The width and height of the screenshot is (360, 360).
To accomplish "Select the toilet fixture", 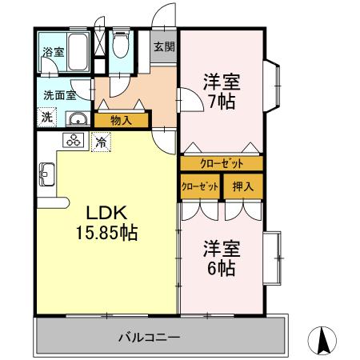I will (x=121, y=47).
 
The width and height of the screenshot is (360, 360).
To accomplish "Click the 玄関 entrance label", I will (x=164, y=46).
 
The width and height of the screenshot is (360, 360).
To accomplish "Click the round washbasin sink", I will (x=78, y=119).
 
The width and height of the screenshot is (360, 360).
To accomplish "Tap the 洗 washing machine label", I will (x=47, y=117).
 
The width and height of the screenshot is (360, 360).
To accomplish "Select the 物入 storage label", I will (x=122, y=121).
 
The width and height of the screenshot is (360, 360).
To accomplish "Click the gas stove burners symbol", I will (x=75, y=142).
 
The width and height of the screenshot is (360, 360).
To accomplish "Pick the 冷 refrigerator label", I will (x=102, y=142).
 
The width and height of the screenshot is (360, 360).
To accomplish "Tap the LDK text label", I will (x=106, y=213).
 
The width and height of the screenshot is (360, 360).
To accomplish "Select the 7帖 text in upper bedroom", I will (x=221, y=103).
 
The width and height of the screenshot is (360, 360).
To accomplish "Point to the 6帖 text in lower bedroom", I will (x=221, y=270).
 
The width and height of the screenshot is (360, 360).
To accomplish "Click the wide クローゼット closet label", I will (x=222, y=163).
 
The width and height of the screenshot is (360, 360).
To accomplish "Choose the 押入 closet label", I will (x=242, y=187).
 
